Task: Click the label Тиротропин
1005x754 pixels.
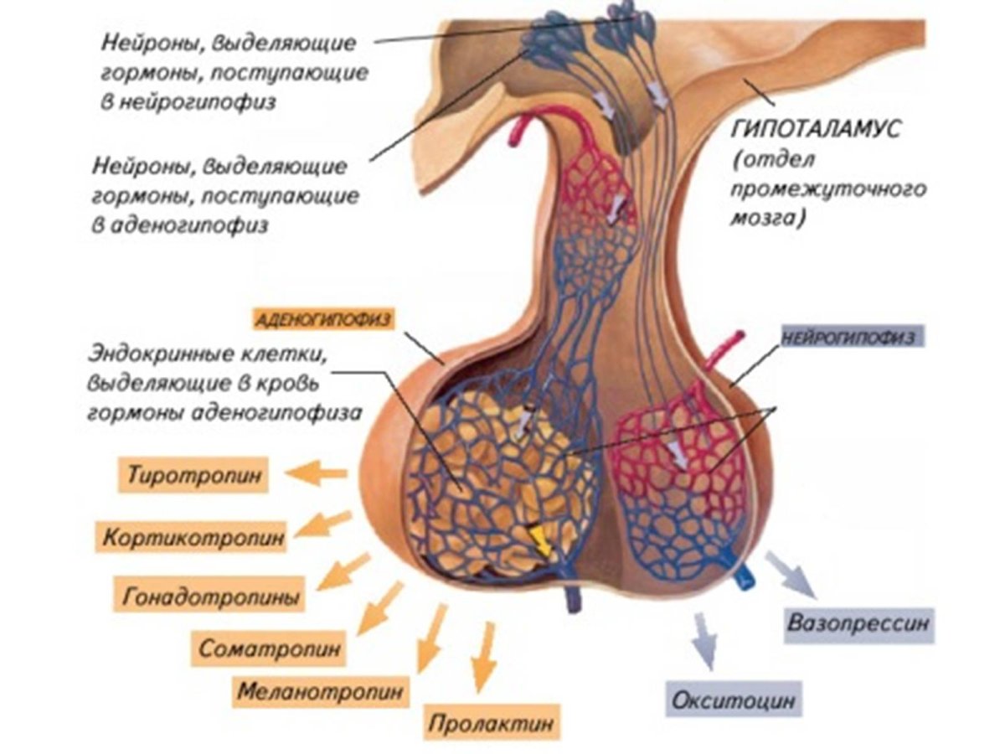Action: click(x=193, y=475)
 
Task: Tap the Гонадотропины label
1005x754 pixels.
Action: click(x=209, y=597)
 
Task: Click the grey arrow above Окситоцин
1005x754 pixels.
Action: click(x=702, y=641)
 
